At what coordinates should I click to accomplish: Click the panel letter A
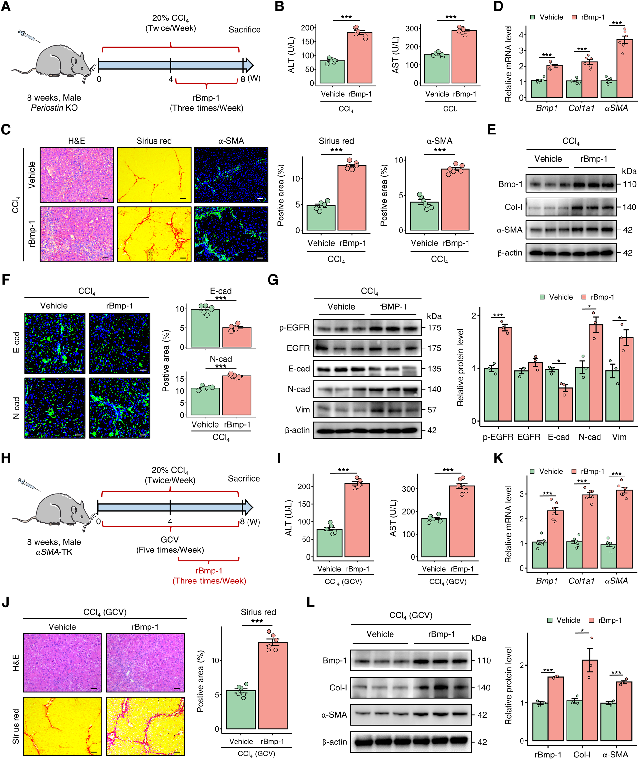tap(6, 6)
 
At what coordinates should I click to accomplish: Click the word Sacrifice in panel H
tap(244, 478)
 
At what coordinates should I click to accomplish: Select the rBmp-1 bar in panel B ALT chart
tap(360, 58)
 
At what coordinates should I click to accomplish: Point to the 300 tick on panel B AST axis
tap(412, 28)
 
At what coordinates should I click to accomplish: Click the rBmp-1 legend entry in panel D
tap(588, 17)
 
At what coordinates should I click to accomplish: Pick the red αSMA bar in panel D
tap(624, 69)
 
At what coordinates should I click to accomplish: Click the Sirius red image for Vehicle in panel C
tap(154, 175)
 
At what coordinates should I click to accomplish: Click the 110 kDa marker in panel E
tap(630, 184)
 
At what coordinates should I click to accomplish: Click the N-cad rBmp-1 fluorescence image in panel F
tap(120, 408)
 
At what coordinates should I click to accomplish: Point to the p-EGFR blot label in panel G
tap(294, 327)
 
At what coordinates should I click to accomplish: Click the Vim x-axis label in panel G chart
tap(619, 437)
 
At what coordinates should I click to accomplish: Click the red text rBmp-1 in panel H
tap(209, 571)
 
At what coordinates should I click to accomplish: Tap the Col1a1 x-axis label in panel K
tap(581, 581)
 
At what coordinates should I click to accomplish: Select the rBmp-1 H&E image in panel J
tap(145, 663)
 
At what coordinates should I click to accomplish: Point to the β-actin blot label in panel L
tap(334, 742)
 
